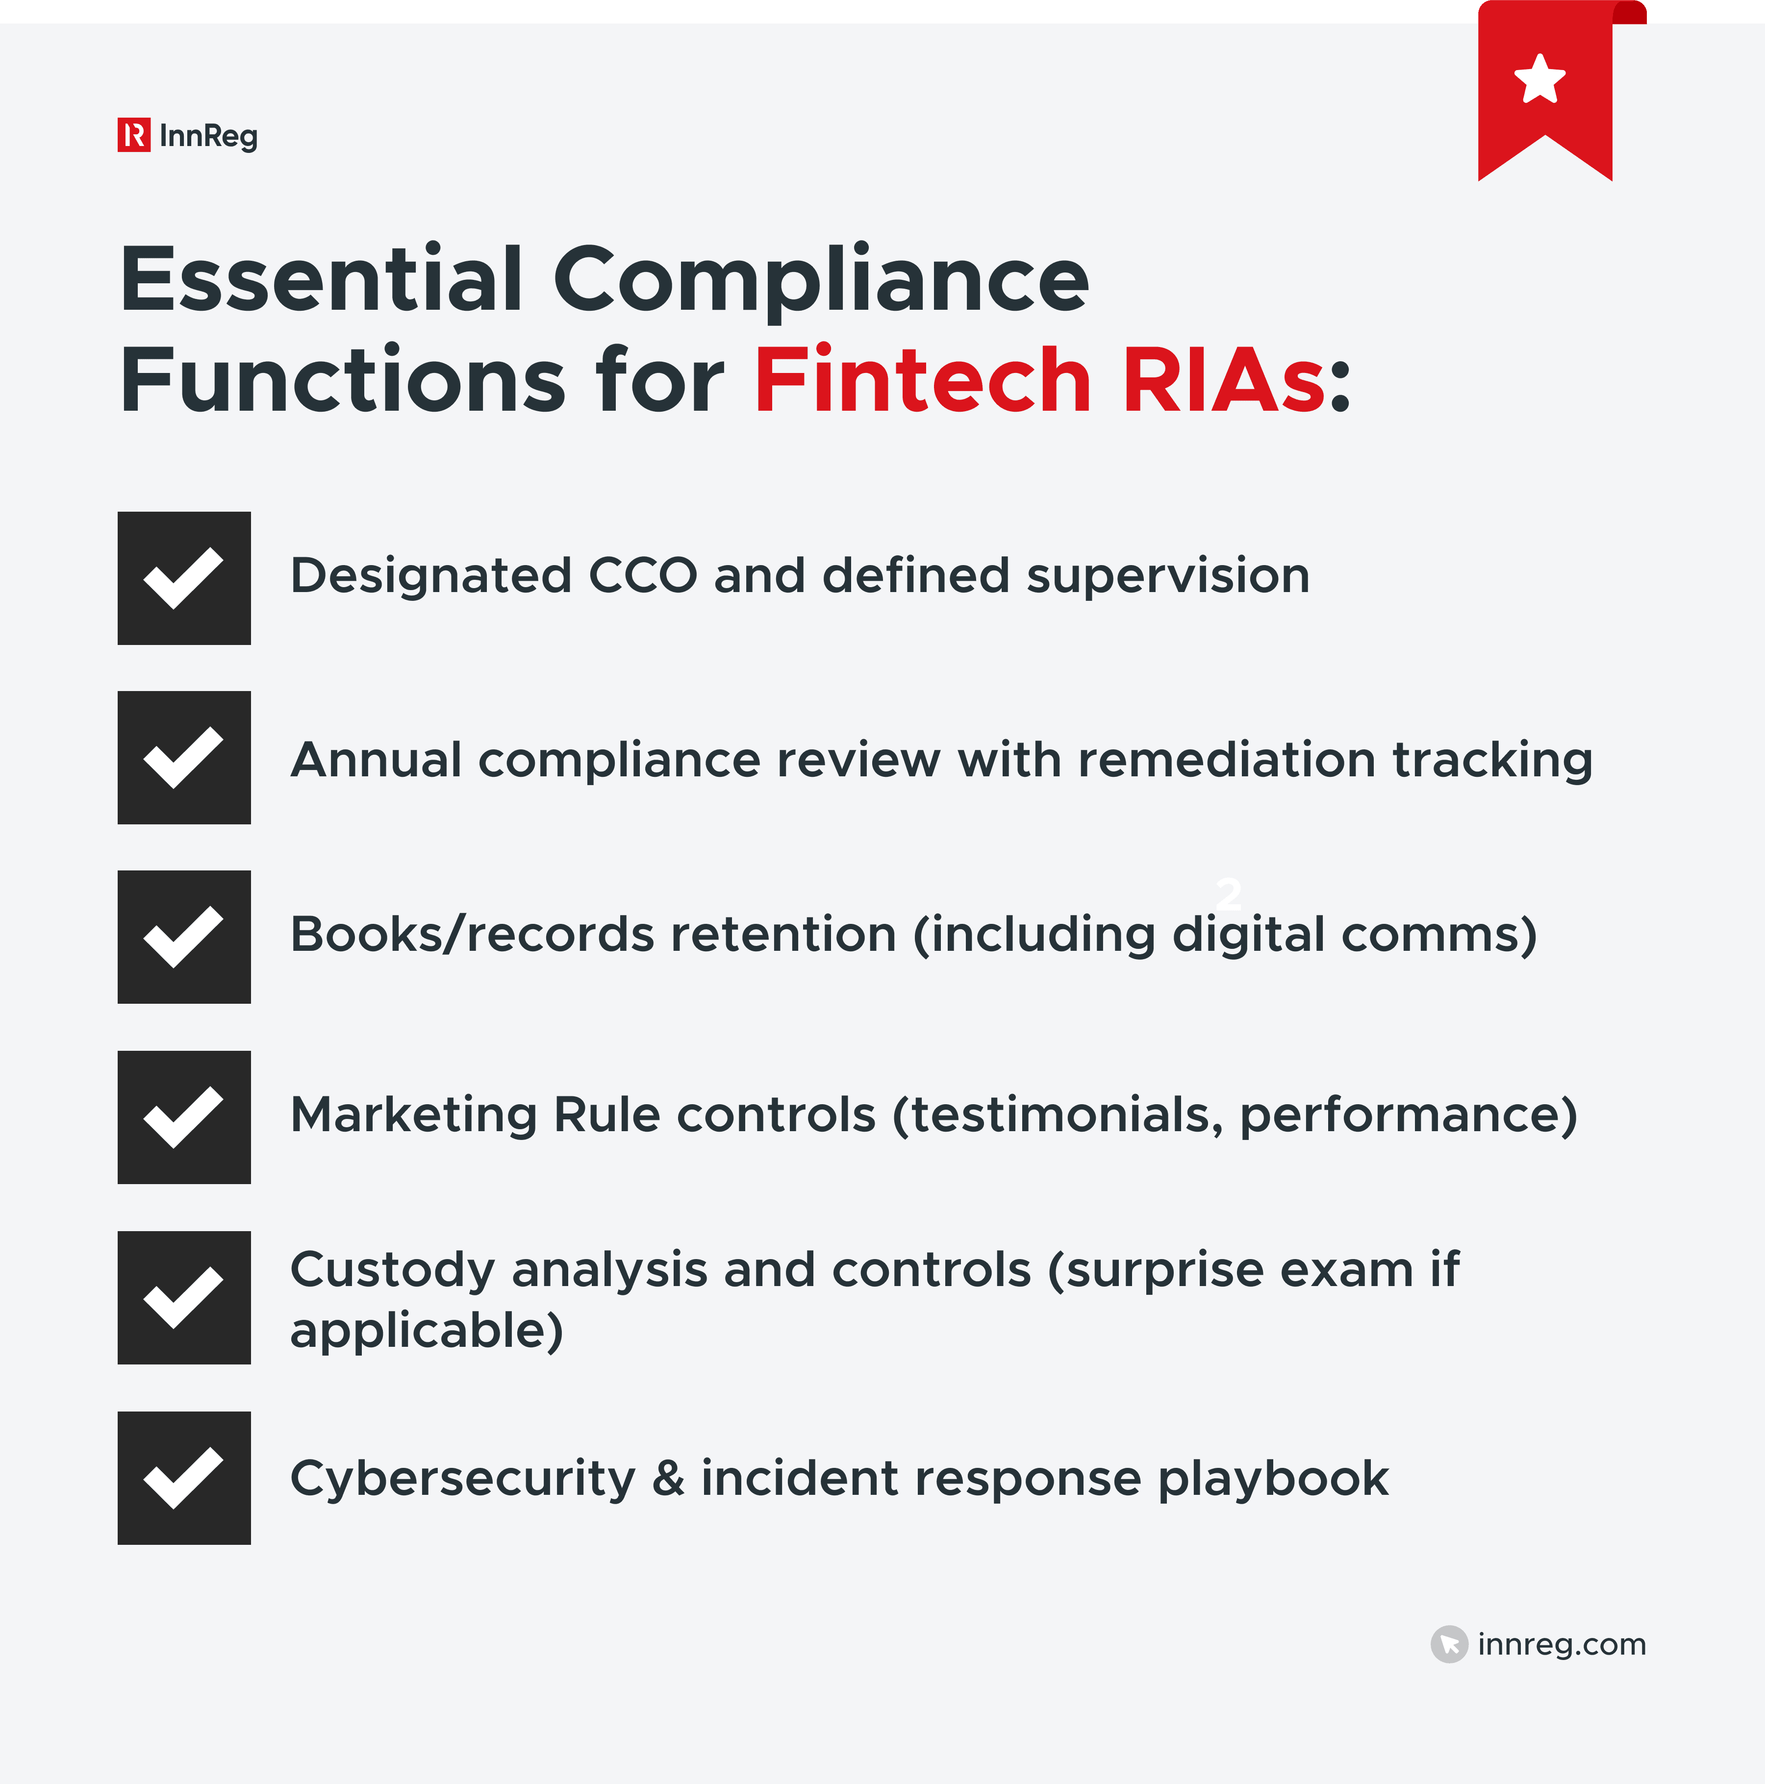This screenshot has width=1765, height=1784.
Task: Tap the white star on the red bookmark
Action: pyautogui.click(x=1539, y=79)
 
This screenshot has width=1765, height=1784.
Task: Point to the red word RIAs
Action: pyautogui.click(x=1224, y=380)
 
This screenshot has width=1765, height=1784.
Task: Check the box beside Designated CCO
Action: pyautogui.click(x=184, y=578)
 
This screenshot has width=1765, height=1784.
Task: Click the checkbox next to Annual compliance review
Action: pyautogui.click(x=184, y=757)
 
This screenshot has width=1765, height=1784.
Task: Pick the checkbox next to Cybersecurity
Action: pyautogui.click(x=184, y=1477)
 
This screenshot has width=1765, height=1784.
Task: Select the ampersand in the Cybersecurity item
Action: pyautogui.click(x=668, y=1478)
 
